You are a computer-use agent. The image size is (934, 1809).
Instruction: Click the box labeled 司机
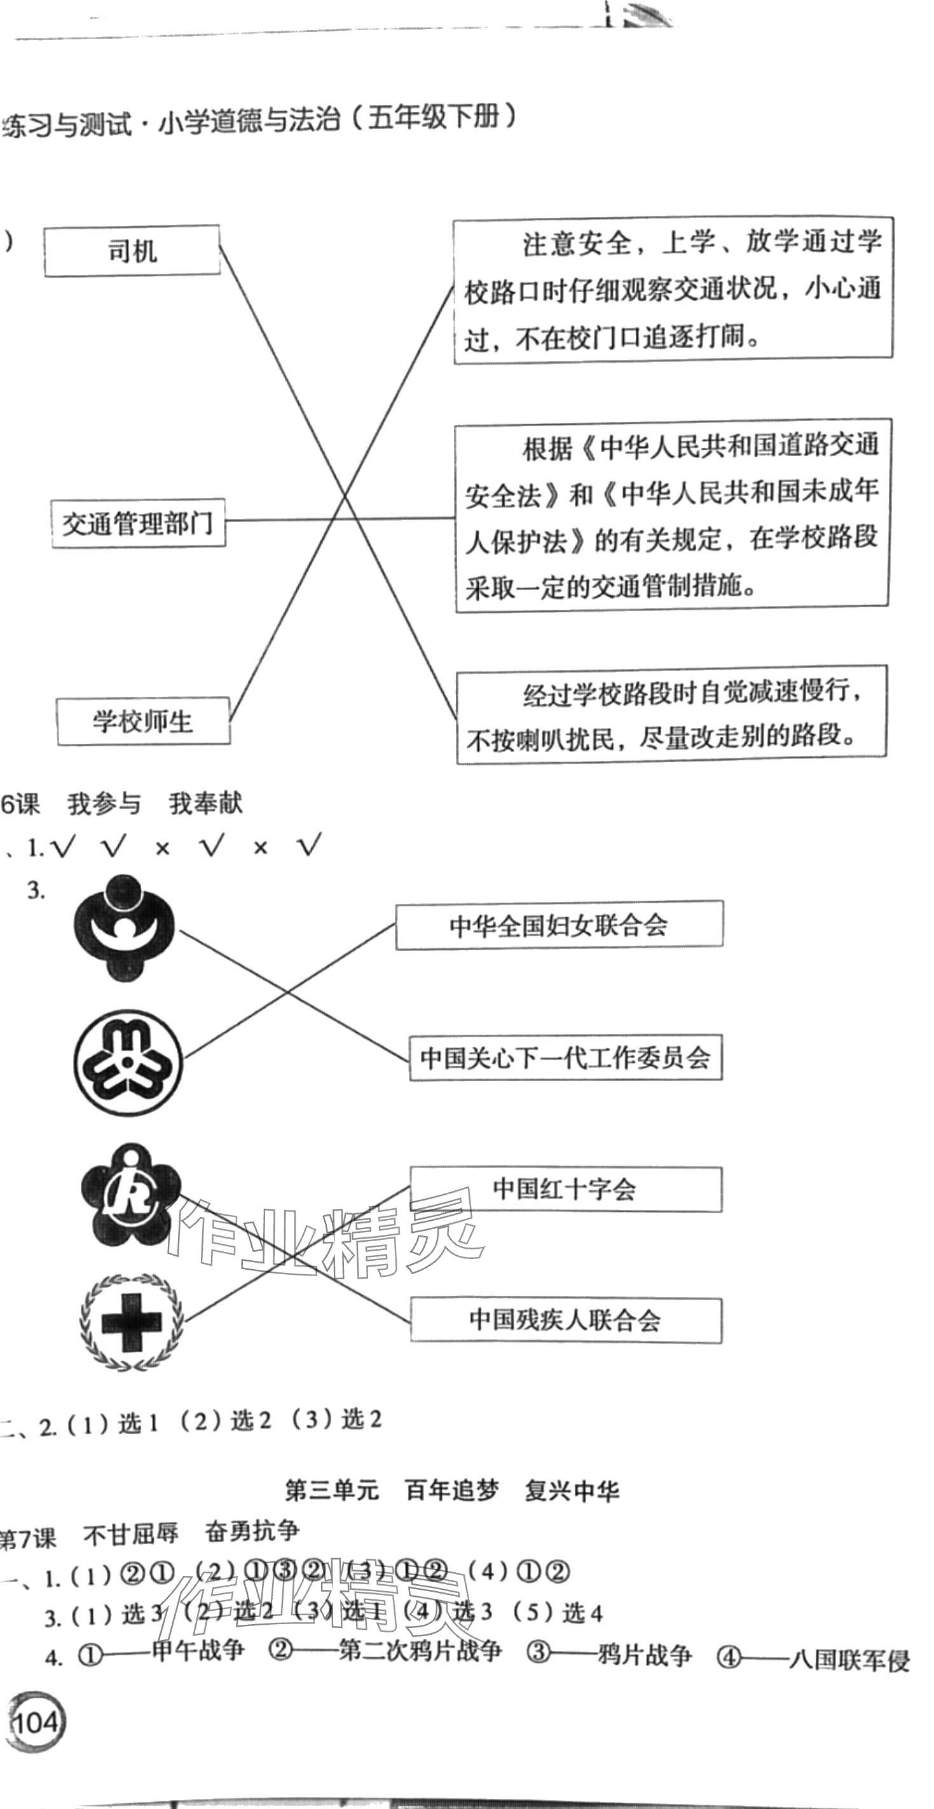(132, 251)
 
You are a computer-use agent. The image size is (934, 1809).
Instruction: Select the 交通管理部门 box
(138, 523)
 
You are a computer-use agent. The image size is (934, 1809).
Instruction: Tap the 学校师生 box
(142, 721)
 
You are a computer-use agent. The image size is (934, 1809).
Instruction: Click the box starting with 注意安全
(673, 291)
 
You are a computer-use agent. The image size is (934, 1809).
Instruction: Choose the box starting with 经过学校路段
(671, 715)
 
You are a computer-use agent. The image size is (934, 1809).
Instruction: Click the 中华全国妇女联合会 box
(559, 925)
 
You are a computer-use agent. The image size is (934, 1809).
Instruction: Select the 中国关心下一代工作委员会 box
(566, 1057)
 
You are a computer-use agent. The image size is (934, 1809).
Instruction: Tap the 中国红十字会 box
(566, 1189)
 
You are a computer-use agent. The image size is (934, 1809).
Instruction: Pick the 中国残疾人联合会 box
(566, 1321)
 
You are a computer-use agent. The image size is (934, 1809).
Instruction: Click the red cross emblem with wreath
(131, 1322)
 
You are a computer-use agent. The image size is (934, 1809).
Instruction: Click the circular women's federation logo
(128, 1063)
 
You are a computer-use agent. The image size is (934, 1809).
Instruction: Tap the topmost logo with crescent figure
(125, 927)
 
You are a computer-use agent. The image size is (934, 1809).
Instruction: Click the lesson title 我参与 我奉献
(155, 804)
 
